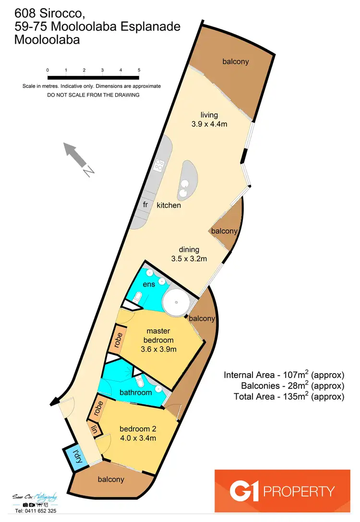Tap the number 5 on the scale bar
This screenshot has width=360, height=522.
[x=139, y=70]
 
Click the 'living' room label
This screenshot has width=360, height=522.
[x=209, y=115]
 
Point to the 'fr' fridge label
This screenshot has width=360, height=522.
[x=145, y=205]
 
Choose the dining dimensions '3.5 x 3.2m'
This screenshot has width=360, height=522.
[x=189, y=259]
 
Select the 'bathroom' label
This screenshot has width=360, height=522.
[x=136, y=392]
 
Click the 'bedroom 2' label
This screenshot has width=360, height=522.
[x=138, y=429]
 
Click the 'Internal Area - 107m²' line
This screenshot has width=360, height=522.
[x=284, y=375]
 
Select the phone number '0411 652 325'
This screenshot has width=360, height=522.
[x=36, y=511]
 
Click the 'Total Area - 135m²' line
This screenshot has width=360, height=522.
[x=289, y=397]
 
